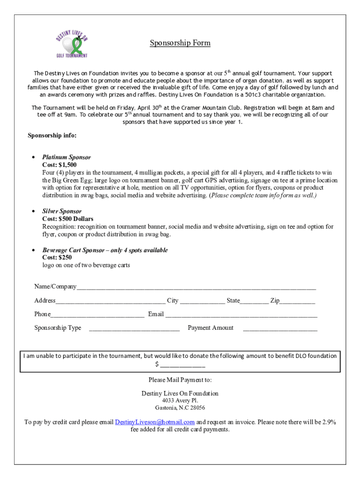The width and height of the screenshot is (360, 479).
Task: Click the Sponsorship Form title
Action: [x=180, y=43]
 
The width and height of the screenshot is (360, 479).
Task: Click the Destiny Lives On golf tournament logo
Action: [x=72, y=43]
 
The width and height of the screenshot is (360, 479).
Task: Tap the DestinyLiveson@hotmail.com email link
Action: [x=155, y=422]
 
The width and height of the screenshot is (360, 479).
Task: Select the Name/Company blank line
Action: [x=196, y=287]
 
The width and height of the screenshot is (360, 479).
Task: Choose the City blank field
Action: [x=202, y=301]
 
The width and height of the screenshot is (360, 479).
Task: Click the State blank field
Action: [x=254, y=301]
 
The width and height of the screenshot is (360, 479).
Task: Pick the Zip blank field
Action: [x=298, y=301]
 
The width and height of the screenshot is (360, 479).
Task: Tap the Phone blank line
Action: [x=97, y=314]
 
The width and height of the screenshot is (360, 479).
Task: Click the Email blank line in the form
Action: [x=241, y=314]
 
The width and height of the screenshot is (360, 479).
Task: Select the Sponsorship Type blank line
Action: [x=134, y=328]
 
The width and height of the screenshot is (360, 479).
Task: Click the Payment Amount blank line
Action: [x=280, y=328]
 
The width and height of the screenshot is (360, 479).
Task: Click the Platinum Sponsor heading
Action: [x=66, y=157]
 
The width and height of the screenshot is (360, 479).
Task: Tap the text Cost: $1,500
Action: [x=59, y=165]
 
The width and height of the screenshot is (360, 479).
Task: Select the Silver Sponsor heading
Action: [x=62, y=211]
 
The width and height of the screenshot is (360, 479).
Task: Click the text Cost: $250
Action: [x=57, y=258]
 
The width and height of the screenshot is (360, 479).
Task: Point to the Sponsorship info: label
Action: [x=52, y=136]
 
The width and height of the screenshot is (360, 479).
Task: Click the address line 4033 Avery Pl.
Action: [x=180, y=400]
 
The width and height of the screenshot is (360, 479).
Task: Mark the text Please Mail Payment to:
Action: [x=180, y=379]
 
